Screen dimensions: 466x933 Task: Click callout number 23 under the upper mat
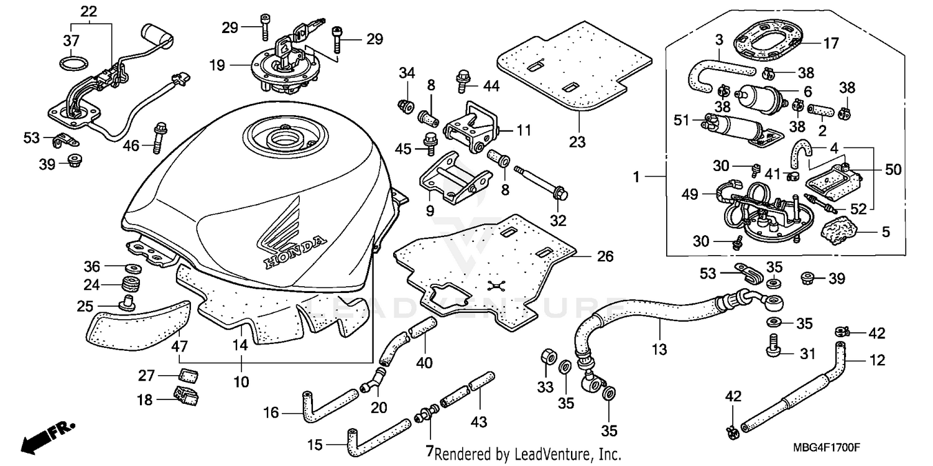tap(577, 142)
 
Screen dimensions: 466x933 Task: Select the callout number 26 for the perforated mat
tap(605, 256)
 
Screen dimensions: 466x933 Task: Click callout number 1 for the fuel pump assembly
tap(637, 177)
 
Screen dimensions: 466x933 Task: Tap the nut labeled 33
tap(549, 357)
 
